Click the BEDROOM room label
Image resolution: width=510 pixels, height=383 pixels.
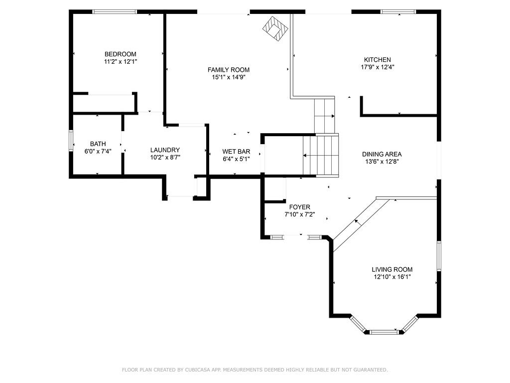(x=121, y=54)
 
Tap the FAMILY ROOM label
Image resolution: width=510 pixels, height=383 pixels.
(x=229, y=70)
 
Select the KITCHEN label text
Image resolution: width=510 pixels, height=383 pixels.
(x=378, y=60)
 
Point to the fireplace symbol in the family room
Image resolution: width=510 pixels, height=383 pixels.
(x=275, y=29)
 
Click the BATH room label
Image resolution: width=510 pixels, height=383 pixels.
(x=98, y=144)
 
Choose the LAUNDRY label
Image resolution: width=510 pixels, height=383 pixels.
(x=165, y=150)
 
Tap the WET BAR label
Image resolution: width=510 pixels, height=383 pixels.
(x=236, y=152)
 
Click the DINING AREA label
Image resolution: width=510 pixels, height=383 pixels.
(x=382, y=154)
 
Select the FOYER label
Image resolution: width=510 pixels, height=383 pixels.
(x=299, y=207)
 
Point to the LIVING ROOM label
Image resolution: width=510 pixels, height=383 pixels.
(x=392, y=269)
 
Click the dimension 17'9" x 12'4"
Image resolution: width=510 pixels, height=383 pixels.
(x=378, y=67)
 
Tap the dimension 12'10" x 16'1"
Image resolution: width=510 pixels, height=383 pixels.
(x=392, y=277)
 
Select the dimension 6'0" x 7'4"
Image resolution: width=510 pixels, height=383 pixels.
(x=98, y=151)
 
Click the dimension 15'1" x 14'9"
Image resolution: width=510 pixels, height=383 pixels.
(x=229, y=77)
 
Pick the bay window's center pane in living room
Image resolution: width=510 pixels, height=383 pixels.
(x=384, y=332)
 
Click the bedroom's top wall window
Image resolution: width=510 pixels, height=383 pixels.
(x=115, y=12)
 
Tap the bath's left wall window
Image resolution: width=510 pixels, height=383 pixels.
(x=71, y=141)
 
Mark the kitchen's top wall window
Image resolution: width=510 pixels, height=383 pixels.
(x=398, y=12)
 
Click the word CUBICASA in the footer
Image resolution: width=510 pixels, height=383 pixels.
(x=199, y=370)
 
